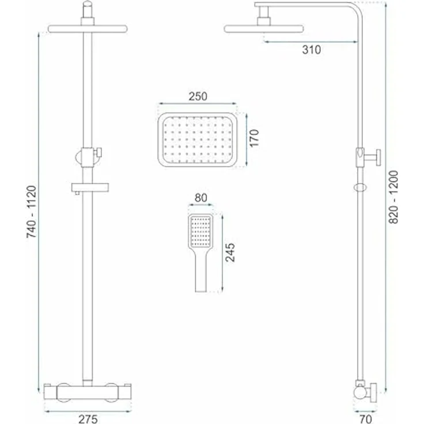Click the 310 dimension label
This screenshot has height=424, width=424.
point(311,50)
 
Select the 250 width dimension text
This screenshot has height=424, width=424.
point(197,96)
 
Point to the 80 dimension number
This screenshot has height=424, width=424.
point(200,199)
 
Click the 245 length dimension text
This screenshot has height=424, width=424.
point(230,252)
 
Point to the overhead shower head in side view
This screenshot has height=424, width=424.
point(263,28)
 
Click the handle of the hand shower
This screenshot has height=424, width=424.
point(200,274)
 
